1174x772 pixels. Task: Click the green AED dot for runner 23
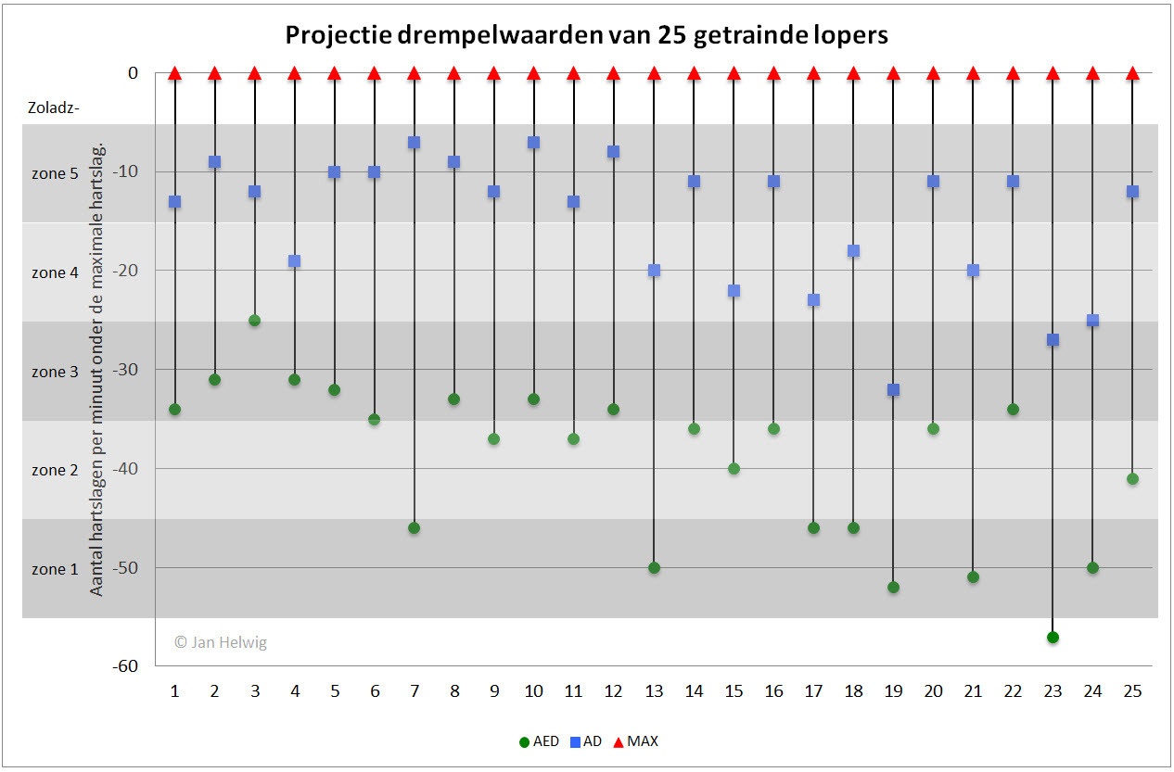1053,637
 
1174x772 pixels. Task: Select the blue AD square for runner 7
414,143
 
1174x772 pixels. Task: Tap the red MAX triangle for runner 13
654,73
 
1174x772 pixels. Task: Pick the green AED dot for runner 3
254,321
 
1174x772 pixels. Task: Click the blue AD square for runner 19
893,390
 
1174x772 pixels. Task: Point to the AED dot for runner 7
414,528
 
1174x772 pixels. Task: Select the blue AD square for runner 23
1053,340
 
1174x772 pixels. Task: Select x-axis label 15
734,691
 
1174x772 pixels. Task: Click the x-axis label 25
1132,691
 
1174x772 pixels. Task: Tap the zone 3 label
55,372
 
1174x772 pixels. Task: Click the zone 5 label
55,173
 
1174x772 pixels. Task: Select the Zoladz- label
54,108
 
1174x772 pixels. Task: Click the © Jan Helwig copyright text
221,642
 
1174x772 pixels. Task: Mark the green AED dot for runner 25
1132,479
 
